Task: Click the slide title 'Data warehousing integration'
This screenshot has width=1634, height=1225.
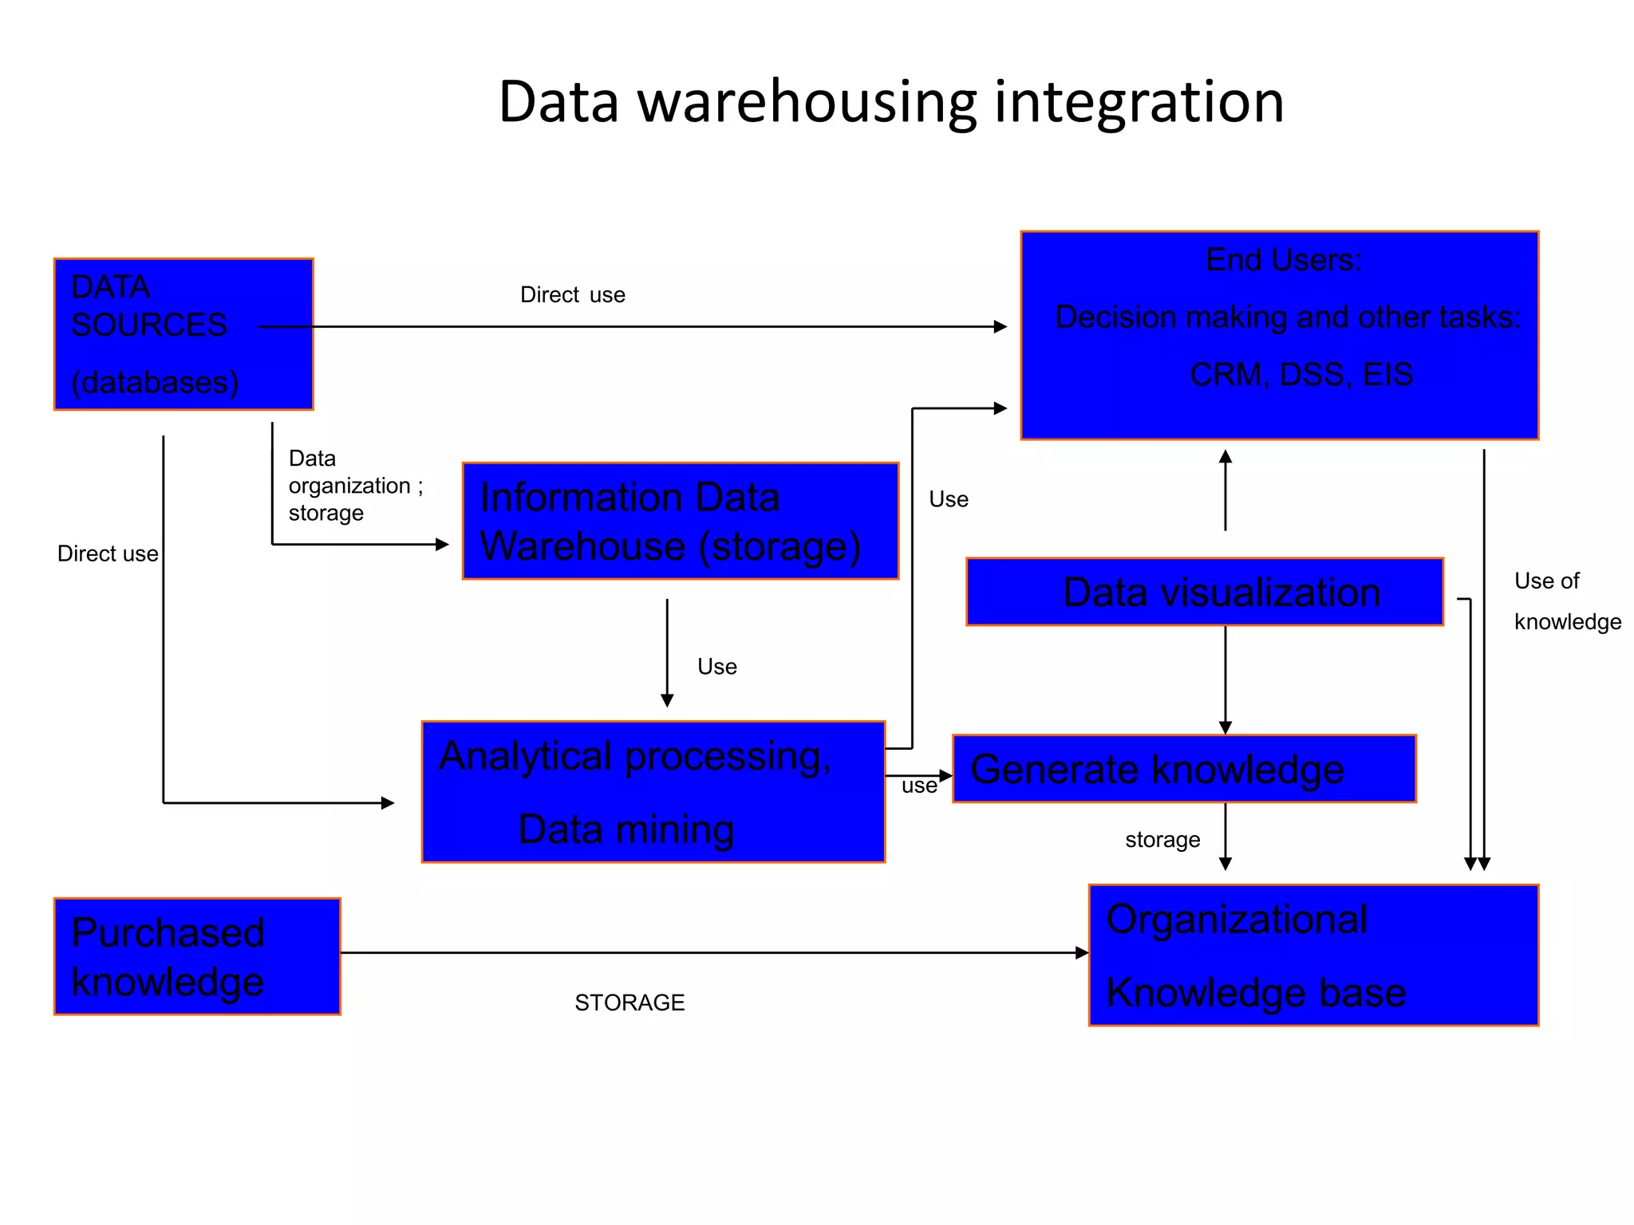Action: pyautogui.click(x=890, y=102)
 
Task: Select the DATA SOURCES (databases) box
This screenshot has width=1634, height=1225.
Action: pyautogui.click(x=183, y=334)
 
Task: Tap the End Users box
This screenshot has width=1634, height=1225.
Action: pyautogui.click(x=1279, y=335)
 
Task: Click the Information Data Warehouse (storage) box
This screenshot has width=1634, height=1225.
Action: pyautogui.click(x=680, y=521)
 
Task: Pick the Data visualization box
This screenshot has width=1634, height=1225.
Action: pyautogui.click(x=1204, y=592)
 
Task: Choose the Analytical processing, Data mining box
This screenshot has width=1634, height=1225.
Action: pyautogui.click(x=653, y=792)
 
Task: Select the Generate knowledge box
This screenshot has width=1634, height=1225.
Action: pyautogui.click(x=1184, y=769)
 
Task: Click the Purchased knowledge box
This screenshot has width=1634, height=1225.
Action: pyautogui.click(x=196, y=956)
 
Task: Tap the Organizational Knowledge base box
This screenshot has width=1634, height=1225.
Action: pyautogui.click(x=1312, y=955)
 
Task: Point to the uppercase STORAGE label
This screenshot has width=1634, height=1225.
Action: pyautogui.click(x=630, y=1002)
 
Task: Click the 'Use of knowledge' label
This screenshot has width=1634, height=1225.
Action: pyautogui.click(x=1566, y=601)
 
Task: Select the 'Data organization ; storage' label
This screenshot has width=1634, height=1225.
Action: pyautogui.click(x=355, y=485)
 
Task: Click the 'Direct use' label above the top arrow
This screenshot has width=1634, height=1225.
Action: pyautogui.click(x=572, y=295)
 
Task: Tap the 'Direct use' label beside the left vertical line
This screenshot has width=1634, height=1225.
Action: pyautogui.click(x=108, y=553)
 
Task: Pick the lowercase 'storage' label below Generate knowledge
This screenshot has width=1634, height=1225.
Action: pyautogui.click(x=1162, y=840)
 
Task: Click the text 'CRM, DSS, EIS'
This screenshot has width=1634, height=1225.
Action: pyautogui.click(x=1300, y=374)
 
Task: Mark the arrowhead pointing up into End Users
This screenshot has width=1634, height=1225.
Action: pyautogui.click(x=1225, y=457)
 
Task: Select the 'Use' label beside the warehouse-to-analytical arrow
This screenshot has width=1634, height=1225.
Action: pyautogui.click(x=716, y=667)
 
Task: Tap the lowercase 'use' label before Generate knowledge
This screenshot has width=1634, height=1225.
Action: pyautogui.click(x=918, y=786)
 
